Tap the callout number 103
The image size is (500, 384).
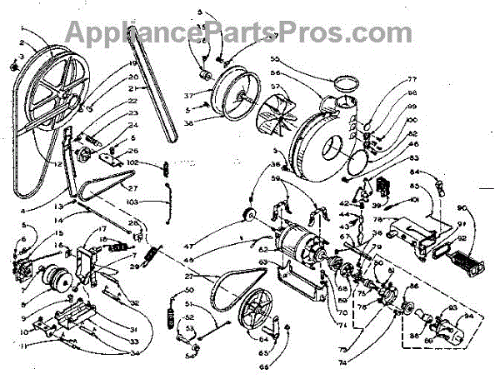click(x=134, y=202)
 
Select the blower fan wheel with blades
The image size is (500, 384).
click(x=272, y=117)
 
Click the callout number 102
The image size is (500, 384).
click(x=133, y=162)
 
